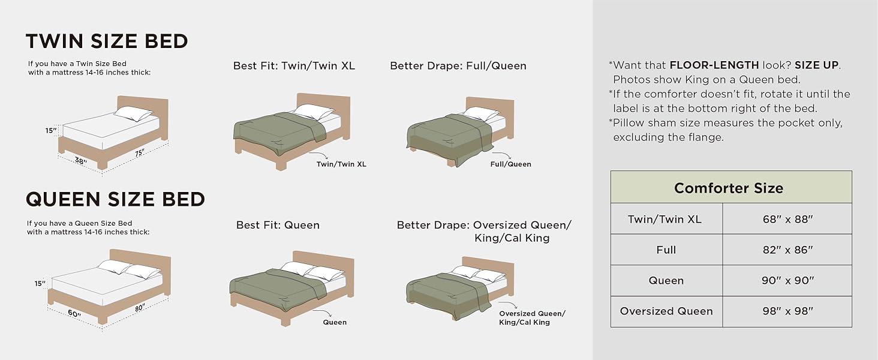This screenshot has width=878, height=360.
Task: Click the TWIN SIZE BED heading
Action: pos(107,41)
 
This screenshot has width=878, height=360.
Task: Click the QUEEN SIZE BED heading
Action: pos(116,199)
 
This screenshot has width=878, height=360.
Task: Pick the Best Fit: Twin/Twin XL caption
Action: pos(294,66)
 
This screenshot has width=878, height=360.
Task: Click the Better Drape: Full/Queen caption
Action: pos(458,66)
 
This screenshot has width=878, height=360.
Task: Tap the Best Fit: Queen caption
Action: pos(278,226)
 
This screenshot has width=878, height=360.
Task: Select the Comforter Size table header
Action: pos(729,188)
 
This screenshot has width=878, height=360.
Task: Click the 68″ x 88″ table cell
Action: pos(787,219)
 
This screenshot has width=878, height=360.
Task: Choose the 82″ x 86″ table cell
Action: pos(787,250)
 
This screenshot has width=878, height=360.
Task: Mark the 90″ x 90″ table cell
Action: pos(787,280)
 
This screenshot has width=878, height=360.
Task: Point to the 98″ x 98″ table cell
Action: pos(787,311)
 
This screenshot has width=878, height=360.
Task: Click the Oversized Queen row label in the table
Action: pos(666,311)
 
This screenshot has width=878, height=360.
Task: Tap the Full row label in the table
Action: pos(666,250)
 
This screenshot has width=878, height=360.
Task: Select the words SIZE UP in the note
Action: pos(817,65)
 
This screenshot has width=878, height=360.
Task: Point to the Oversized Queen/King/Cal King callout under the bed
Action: pos(531,318)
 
